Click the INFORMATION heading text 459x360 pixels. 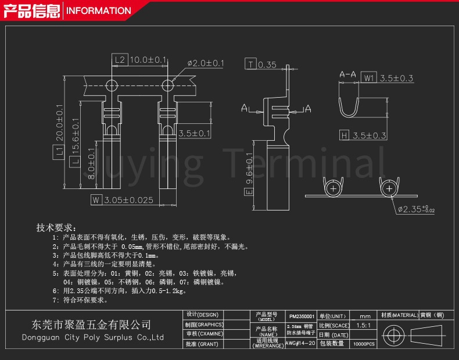[x=98, y=10]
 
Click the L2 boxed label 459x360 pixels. [x=119, y=60]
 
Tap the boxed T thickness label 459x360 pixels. [x=250, y=65]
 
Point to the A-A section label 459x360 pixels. [x=347, y=75]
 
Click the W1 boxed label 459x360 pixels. [x=369, y=78]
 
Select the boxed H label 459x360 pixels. [x=344, y=136]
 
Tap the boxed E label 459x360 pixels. [x=249, y=191]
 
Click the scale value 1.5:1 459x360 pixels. [x=364, y=326]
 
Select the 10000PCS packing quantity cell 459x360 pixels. [x=364, y=344]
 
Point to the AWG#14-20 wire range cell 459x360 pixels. [x=300, y=344]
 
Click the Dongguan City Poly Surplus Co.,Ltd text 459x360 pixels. [x=92, y=337]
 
